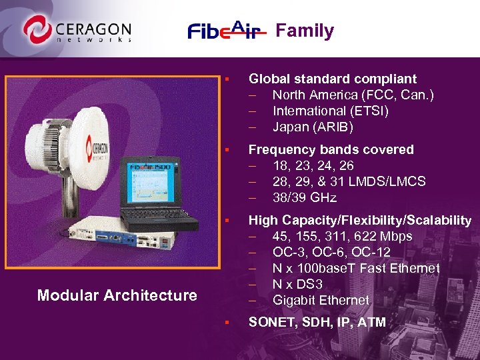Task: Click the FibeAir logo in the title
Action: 227,31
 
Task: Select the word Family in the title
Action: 305,31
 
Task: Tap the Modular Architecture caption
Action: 117,295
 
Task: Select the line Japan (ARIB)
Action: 313,127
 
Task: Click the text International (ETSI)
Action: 330,111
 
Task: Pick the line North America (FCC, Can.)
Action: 353,95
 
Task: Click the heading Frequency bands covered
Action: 331,149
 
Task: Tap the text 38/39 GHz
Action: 304,197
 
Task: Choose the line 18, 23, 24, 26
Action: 313,165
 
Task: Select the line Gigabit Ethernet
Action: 320,300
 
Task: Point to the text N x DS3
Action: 298,284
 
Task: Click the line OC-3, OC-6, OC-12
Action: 331,252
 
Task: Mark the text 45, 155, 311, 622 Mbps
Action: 342,236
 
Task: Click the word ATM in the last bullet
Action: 372,323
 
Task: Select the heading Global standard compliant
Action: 332,79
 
